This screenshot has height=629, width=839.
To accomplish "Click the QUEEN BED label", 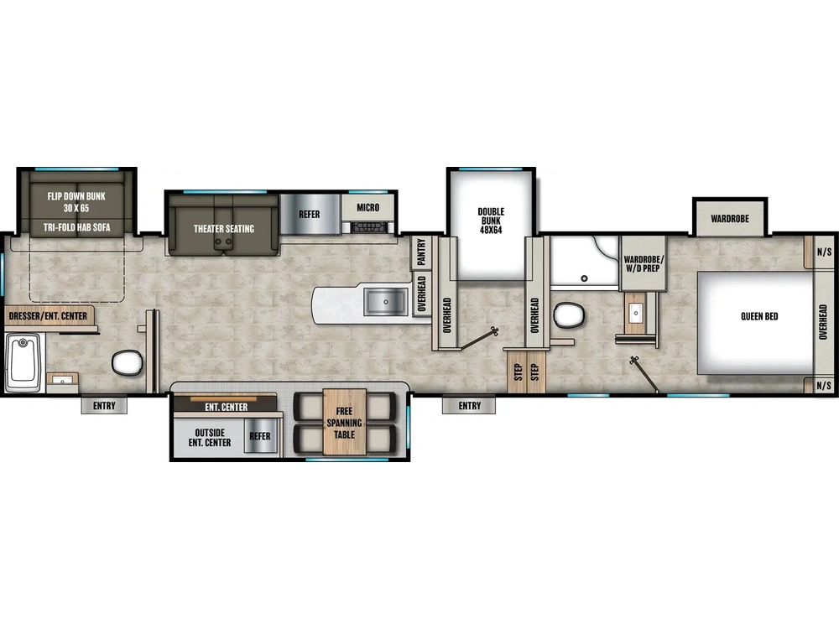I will click(759, 316).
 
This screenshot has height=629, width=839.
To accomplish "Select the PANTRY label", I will click(421, 251).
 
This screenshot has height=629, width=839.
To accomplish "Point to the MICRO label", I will click(367, 207).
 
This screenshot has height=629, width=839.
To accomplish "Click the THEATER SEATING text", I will click(223, 228).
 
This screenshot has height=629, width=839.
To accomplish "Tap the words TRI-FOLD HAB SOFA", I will click(76, 227).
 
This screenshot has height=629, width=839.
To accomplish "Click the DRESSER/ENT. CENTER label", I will click(49, 316).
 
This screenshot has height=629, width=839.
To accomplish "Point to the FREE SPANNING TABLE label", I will click(344, 424).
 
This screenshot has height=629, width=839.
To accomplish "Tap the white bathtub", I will click(23, 361).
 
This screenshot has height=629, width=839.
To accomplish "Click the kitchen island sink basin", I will click(386, 299).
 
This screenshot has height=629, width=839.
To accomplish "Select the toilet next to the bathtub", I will click(127, 362).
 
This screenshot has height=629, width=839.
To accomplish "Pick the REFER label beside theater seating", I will click(309, 215).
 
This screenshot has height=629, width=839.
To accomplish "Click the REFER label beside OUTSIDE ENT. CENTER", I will click(260, 436).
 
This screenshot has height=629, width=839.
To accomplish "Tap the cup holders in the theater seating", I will click(223, 243).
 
